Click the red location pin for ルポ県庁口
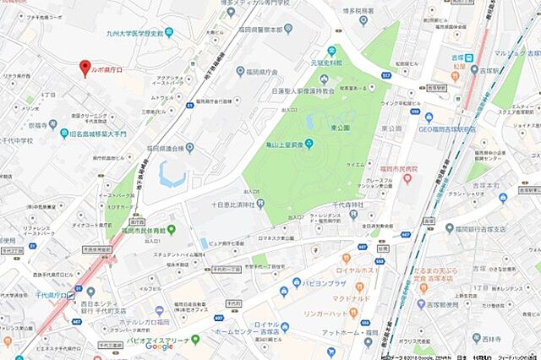tap(84, 68)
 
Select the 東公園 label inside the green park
tap(336, 128)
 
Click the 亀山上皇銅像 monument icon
tap(309, 142)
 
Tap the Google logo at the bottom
tap(158, 346)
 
